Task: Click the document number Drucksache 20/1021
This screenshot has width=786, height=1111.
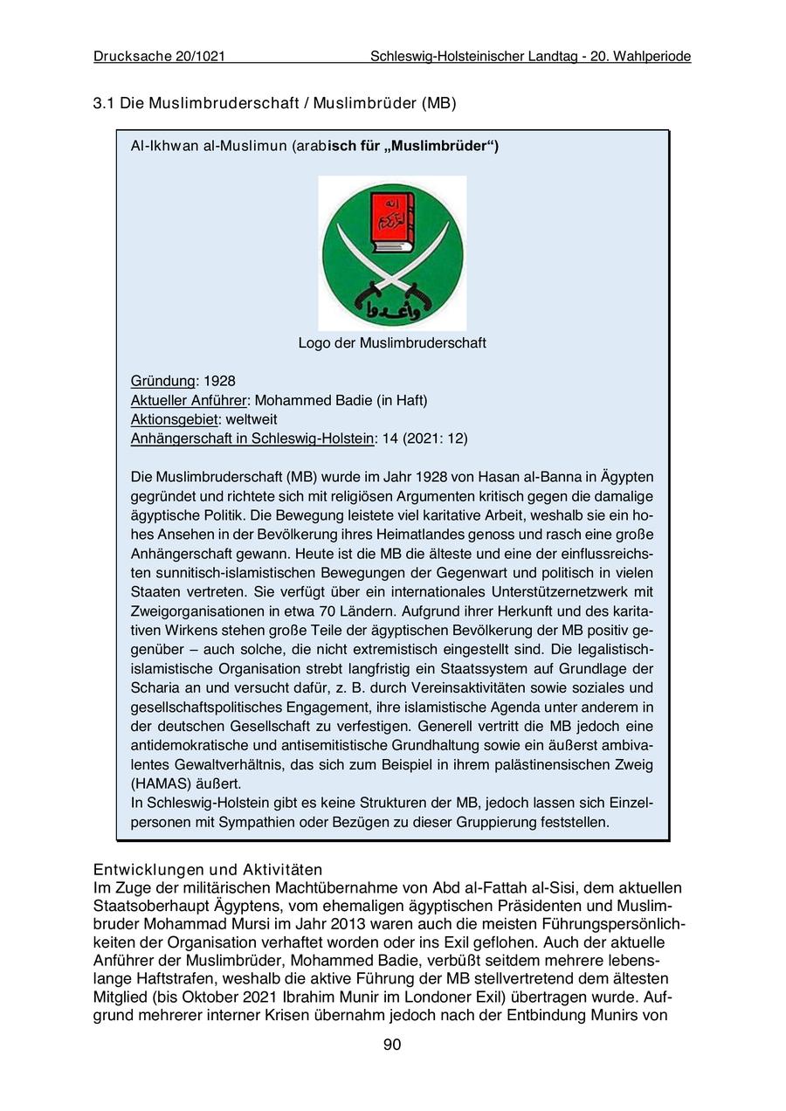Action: [x=159, y=57]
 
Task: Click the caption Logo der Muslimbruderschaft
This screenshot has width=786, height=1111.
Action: [x=392, y=343]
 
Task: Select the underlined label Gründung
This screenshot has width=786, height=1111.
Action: [x=162, y=382]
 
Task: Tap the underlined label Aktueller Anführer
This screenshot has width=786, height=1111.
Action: [x=189, y=401]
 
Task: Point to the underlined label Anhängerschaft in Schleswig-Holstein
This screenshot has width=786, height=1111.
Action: [x=252, y=438]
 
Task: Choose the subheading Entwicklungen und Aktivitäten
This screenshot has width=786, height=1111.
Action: [x=208, y=870]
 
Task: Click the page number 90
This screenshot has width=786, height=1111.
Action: [x=392, y=1045]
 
